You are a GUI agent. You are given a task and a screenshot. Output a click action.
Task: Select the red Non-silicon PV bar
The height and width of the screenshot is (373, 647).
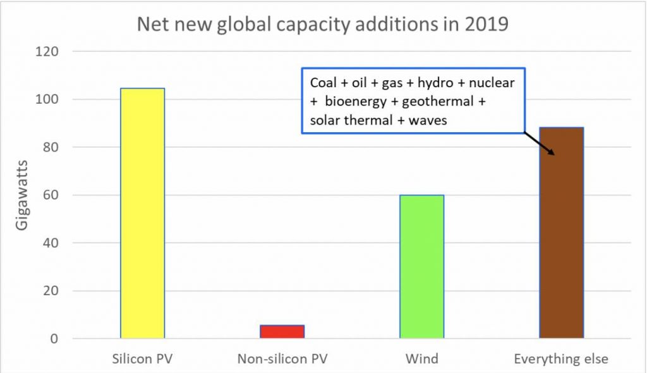coord(282,331)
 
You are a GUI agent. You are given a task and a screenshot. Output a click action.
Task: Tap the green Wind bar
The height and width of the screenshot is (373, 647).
coord(421,266)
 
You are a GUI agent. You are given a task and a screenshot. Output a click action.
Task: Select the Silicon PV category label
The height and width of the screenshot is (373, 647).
coord(142,360)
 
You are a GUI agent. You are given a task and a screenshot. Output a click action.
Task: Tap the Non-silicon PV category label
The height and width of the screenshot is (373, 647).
coord(282,360)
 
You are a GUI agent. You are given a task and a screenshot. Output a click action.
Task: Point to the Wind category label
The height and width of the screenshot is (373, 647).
coord(421,360)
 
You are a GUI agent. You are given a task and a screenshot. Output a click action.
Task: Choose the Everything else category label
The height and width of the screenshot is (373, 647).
coord(561,360)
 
